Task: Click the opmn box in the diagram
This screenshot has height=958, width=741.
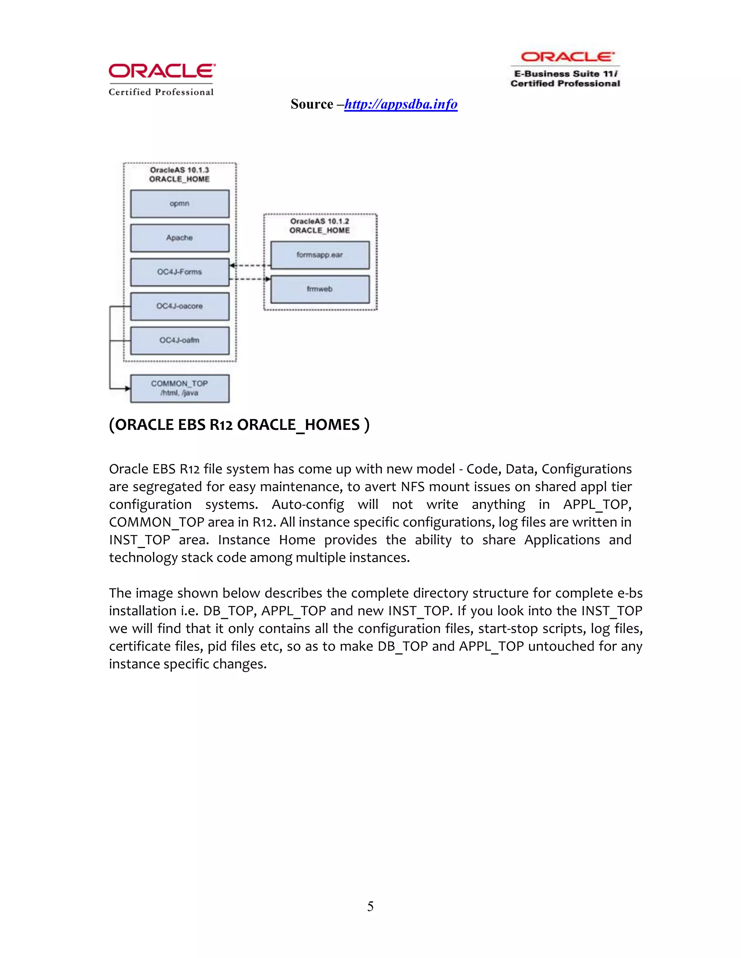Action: pos(179,204)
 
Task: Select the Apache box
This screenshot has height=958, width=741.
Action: pos(179,238)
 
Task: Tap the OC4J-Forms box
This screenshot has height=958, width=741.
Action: pos(179,272)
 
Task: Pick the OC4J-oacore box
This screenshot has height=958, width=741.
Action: pos(179,306)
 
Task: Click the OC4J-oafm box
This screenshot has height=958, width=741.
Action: pos(179,341)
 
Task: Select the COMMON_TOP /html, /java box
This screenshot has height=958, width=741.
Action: pos(179,388)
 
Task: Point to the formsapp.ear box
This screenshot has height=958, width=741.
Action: pos(319,255)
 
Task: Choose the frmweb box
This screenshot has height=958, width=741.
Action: pos(319,289)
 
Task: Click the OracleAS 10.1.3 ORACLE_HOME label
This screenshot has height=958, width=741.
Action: pos(179,175)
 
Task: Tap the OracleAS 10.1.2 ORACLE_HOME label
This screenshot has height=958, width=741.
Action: pos(319,226)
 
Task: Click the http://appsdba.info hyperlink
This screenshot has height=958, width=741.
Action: pos(401,104)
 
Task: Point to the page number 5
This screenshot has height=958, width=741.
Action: pos(370,906)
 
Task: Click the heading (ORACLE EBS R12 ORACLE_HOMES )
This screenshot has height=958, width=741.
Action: pos(239,425)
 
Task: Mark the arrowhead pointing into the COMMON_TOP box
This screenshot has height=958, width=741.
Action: pos(127,388)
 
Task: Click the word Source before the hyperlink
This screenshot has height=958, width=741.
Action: pos(312,104)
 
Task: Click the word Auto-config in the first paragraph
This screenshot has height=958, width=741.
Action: pos(308,504)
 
